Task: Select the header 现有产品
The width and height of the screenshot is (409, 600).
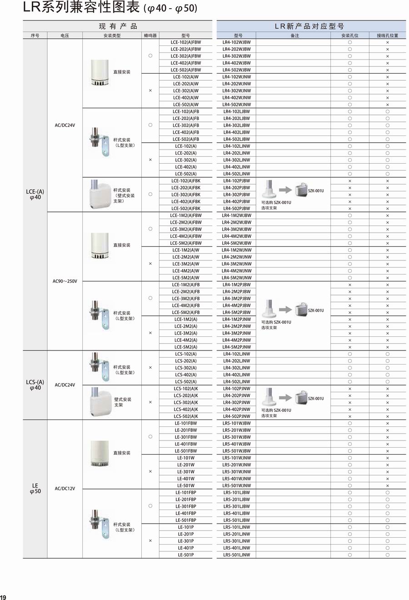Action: coord(118,26)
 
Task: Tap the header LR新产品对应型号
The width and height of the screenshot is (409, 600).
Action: coord(311,26)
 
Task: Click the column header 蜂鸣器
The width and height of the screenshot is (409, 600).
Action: coord(150,35)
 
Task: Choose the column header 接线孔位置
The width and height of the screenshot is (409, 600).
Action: coord(387,35)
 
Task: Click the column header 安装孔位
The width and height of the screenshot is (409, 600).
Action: coord(349,35)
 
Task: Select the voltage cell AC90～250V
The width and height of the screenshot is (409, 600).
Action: coord(65,281)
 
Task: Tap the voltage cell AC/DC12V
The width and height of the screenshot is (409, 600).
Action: coord(65,489)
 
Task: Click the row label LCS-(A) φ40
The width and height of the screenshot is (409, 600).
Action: coord(35,385)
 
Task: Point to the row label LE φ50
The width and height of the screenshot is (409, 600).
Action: coord(35,489)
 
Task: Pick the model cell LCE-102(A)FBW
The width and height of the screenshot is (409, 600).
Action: coord(185,42)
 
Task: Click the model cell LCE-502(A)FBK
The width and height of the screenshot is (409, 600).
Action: coord(185,209)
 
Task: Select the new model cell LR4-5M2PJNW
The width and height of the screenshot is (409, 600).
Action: coord(236,347)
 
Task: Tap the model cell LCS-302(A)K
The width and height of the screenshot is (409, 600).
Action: coord(185,403)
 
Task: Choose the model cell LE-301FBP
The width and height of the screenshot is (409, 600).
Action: coord(185,506)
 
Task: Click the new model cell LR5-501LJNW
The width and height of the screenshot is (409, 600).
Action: coord(236,555)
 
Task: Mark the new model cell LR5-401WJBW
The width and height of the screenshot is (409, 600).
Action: coord(236,444)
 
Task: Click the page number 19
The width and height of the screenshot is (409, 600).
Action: coord(3,597)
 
